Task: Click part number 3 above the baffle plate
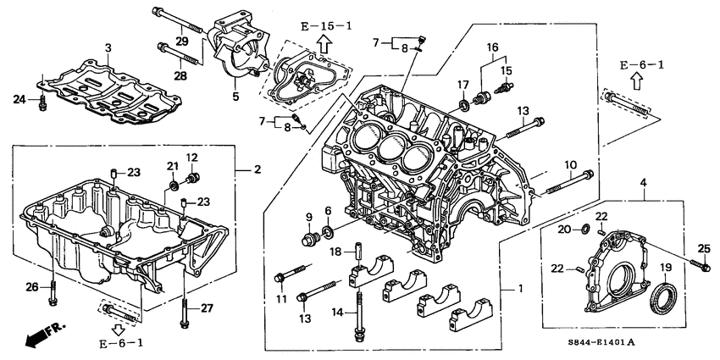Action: coord(108,46)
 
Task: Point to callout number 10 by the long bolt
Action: coord(571,163)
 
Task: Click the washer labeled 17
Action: coord(465,106)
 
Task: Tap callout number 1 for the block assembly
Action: coord(520,289)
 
